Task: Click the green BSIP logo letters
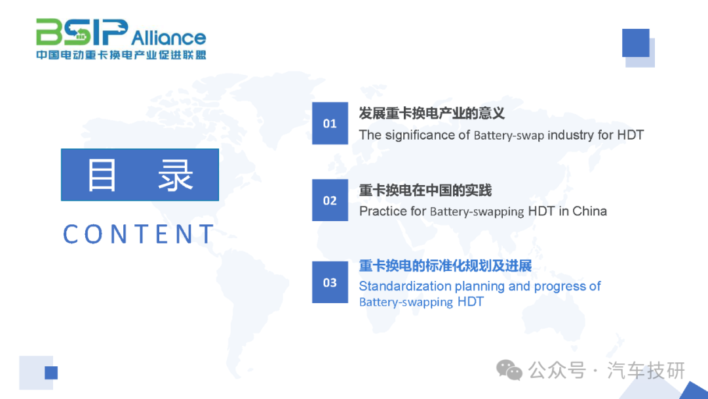click(x=82, y=32)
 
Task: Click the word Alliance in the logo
click(x=169, y=37)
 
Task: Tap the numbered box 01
click(x=330, y=123)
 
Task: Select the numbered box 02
click(x=330, y=200)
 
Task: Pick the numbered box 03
click(x=330, y=282)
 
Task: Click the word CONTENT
click(x=138, y=234)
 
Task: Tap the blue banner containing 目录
click(x=140, y=175)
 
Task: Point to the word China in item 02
click(x=589, y=211)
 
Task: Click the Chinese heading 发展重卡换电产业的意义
click(x=431, y=113)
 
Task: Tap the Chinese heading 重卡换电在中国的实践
click(x=425, y=190)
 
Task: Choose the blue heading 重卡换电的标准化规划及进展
click(x=445, y=266)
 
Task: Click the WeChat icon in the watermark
click(x=509, y=370)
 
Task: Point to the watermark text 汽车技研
click(x=646, y=371)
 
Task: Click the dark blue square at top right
click(x=636, y=43)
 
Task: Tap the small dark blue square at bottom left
click(x=51, y=373)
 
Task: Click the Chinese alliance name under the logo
click(x=121, y=54)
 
